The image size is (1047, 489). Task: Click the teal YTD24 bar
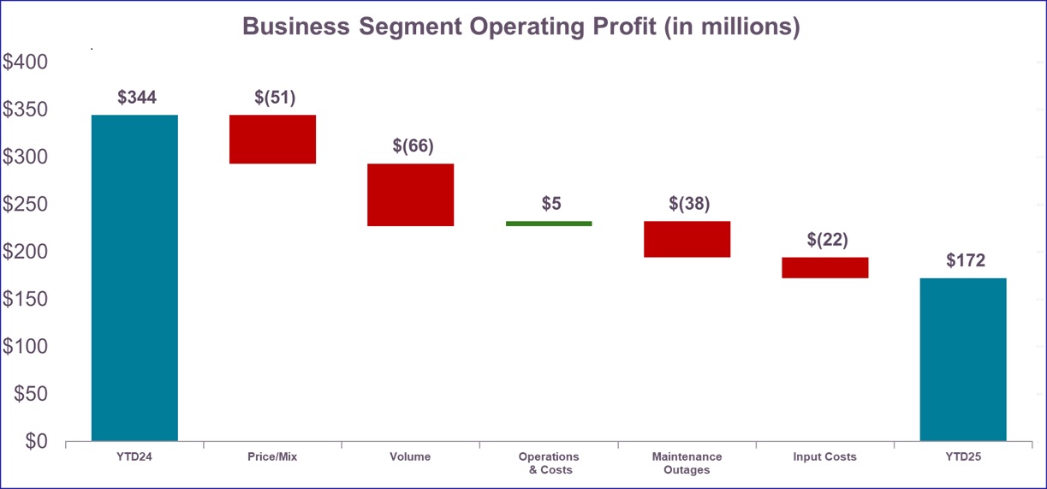(134, 277)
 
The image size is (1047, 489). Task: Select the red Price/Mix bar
(273, 139)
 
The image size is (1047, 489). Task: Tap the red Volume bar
(411, 194)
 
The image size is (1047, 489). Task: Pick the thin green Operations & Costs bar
(549, 224)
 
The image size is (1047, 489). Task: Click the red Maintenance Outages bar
(687, 239)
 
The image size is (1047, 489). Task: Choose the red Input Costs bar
(825, 267)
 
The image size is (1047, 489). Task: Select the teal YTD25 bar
(963, 359)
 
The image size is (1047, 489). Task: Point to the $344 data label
(137, 98)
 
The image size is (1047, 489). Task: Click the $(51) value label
(275, 98)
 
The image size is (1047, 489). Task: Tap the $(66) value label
(413, 146)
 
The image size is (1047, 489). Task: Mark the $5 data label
(551, 204)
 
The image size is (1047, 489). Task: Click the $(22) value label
(827, 240)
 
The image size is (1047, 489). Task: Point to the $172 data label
(966, 260)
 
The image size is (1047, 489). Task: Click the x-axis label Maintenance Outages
(687, 463)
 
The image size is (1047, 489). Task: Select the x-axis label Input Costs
(824, 457)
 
